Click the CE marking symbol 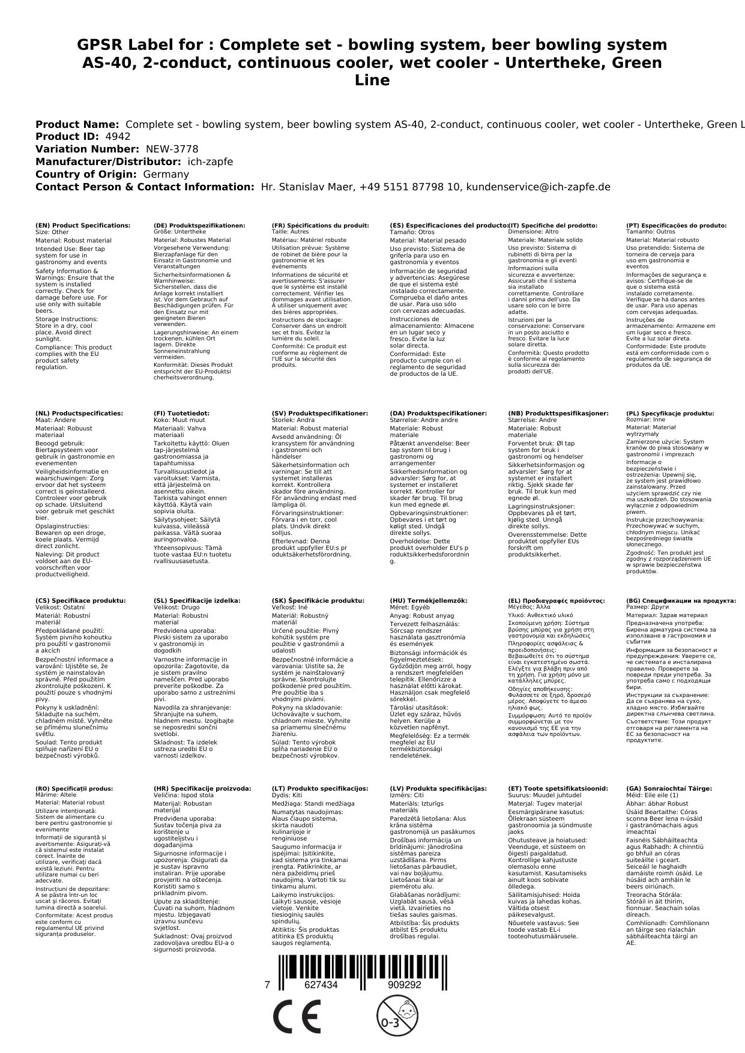(297, 1017)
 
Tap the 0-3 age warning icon (391, 1017)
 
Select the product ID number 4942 (117, 136)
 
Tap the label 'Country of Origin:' (86, 174)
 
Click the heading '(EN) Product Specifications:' (83, 226)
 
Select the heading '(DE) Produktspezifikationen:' (199, 226)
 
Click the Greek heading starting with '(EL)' (556, 601)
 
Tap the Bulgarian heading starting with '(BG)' (681, 601)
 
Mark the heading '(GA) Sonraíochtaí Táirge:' (669, 789)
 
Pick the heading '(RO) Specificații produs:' (74, 789)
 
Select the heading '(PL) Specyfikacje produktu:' (670, 414)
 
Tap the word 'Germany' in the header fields (166, 174)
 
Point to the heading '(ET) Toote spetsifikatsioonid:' (558, 789)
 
